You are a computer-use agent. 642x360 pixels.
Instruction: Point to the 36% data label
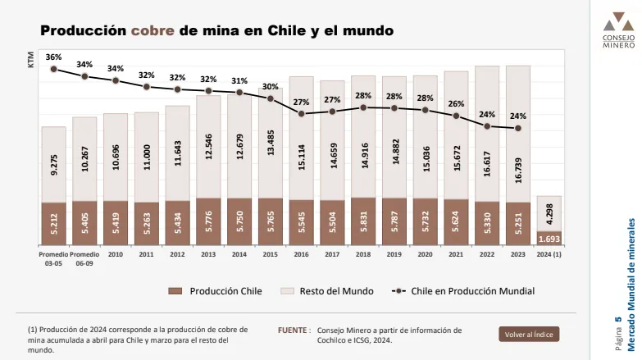[53, 57]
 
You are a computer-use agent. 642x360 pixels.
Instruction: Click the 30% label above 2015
[270, 86]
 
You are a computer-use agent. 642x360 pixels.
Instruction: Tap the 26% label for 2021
[456, 104]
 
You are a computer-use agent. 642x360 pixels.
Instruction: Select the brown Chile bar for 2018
[362, 221]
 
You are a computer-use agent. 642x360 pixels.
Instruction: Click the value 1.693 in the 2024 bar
[549, 238]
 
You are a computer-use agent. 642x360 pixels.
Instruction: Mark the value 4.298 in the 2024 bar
[549, 215]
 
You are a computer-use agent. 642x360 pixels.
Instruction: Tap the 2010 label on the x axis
[116, 254]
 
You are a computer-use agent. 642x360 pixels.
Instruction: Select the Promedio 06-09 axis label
[84, 258]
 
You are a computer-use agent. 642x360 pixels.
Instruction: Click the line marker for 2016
[301, 113]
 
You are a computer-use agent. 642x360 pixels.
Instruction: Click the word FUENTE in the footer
[293, 330]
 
